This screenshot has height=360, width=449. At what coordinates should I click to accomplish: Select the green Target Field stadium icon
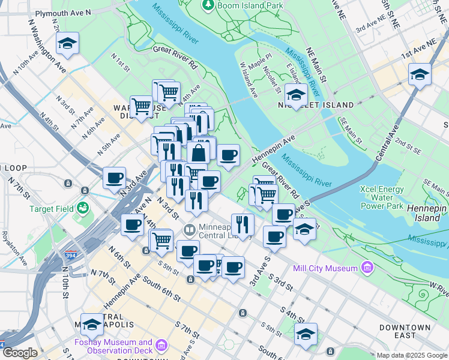pos(83,208)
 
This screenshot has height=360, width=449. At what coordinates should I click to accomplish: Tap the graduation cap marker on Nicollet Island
pos(295,95)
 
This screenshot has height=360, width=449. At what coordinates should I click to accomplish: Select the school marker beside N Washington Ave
pos(67,43)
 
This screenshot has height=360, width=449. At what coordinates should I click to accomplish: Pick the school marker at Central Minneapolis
pos(92,325)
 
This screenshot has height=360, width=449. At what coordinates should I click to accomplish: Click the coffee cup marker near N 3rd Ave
pos(114,178)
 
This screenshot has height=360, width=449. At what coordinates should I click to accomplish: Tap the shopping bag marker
pos(199,153)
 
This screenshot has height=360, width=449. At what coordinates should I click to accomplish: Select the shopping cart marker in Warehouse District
pos(141,107)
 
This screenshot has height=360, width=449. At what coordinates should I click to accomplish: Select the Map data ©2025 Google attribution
pos(412,355)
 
